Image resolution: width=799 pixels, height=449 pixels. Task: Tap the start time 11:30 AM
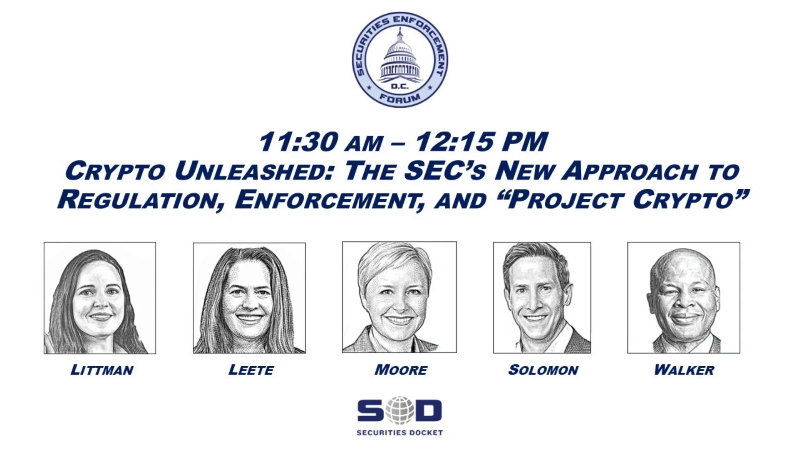coord(320,142)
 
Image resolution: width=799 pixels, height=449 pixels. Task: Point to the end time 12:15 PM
coord(481,142)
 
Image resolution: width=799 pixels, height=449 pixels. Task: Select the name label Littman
coord(102,370)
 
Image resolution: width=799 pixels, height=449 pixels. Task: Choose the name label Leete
coord(251,370)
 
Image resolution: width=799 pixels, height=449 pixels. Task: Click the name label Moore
coord(401,370)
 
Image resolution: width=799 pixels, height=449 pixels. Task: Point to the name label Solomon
coord(543,370)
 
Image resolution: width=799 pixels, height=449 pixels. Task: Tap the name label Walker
coord(684,370)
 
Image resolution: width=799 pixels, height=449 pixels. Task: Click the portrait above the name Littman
coord(100,298)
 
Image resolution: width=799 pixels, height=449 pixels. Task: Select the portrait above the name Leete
coord(249,298)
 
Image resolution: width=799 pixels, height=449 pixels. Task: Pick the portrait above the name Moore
coord(399,297)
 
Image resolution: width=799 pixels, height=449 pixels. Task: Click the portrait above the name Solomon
coord(542,298)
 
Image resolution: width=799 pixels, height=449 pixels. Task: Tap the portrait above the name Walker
coord(684,298)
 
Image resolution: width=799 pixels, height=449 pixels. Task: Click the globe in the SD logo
coord(399,410)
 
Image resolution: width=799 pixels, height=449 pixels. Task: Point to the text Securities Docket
coord(399,433)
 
